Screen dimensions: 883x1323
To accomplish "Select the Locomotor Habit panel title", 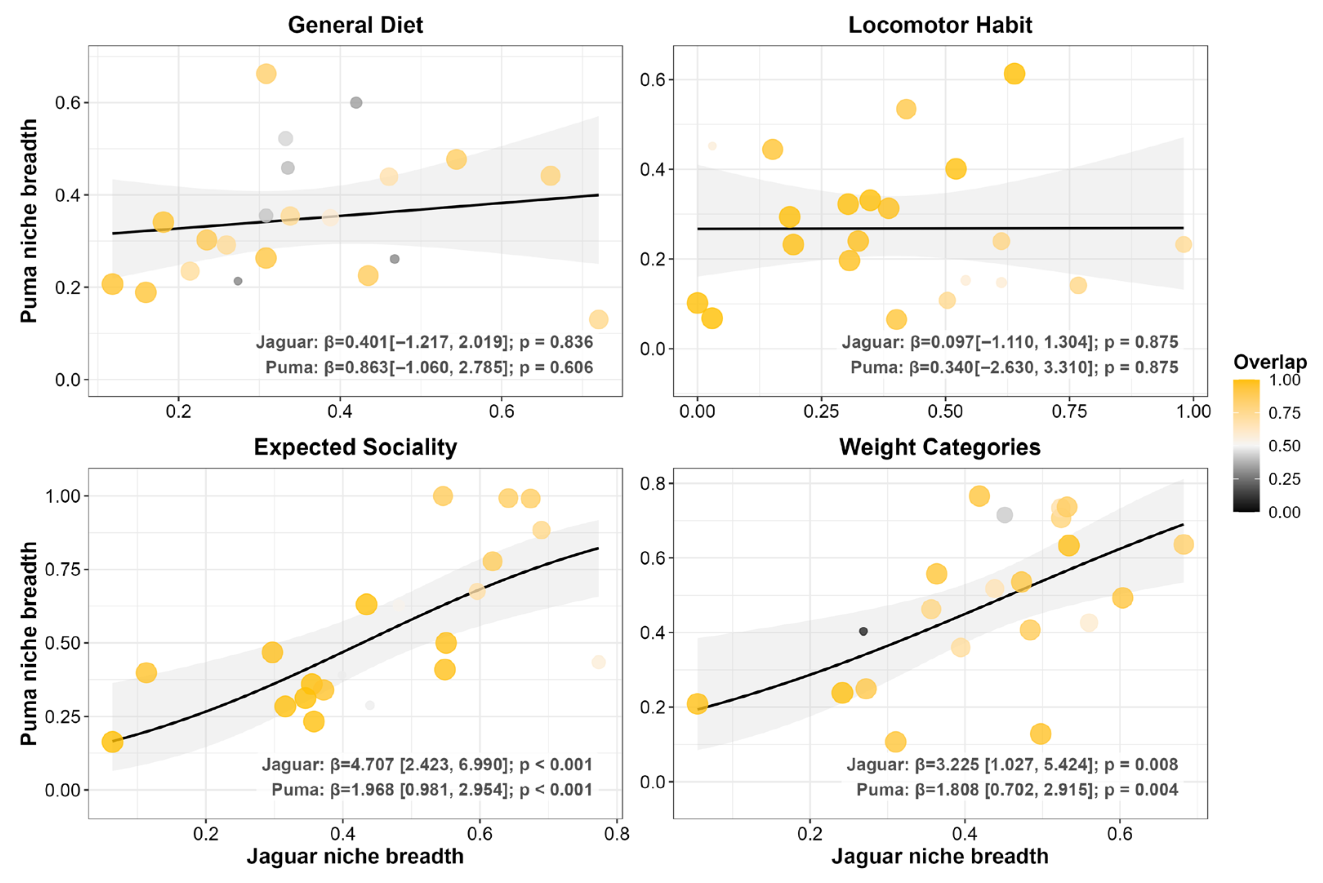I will pos(940,25).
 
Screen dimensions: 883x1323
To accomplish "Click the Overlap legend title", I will pos(1270,362).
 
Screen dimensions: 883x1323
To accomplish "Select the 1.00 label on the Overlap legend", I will pos(1284,380).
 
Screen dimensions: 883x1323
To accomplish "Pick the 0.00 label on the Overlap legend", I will pos(1284,512).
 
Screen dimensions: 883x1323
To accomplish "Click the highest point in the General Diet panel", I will pos(266,74).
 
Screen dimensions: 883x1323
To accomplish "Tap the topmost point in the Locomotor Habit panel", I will pos(1013,74).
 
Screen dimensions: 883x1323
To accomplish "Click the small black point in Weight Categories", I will pos(863,631).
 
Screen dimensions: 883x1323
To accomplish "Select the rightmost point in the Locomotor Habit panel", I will pos(1183,244).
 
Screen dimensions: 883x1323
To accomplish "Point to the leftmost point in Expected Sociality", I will pos(112,742).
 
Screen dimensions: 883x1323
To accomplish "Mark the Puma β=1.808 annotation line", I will pos(1017,790).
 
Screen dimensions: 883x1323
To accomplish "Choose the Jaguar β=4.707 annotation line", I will pos(427,765).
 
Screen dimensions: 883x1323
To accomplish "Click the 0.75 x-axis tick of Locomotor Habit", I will pos(1069,412).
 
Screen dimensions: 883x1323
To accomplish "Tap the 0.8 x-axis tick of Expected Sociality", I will pos(617,834).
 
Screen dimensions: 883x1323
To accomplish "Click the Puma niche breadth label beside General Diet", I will pos(29,221).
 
